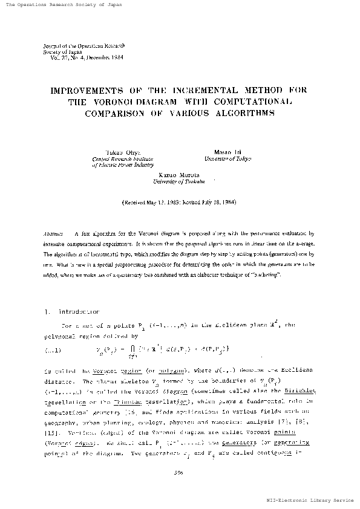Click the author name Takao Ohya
point(105,152)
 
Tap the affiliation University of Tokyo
point(227,158)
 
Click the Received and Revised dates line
point(178,202)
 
